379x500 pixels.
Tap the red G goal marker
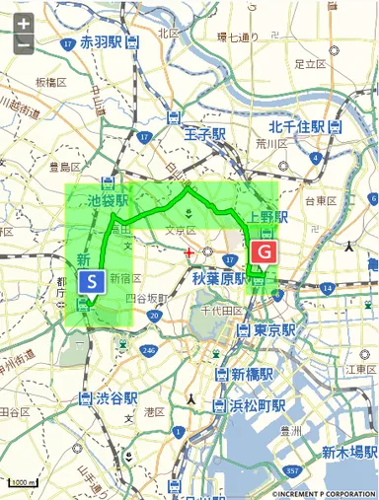[263, 252]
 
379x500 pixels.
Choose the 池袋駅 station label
[109, 199]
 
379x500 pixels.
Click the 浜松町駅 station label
[259, 405]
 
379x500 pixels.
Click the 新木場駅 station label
[344, 453]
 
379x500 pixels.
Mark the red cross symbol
[189, 253]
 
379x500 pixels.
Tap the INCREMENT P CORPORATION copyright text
[324, 493]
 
